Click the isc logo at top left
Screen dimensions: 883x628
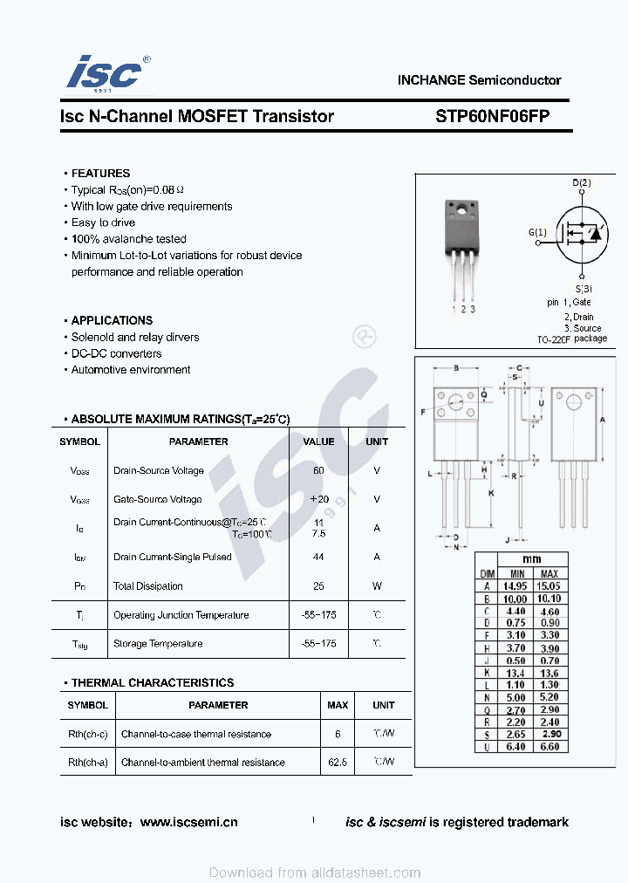point(105,74)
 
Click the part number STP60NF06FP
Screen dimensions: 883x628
point(492,116)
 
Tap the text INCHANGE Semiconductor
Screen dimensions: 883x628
point(479,80)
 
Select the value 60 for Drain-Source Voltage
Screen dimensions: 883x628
point(318,470)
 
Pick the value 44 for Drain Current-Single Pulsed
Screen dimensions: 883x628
point(318,557)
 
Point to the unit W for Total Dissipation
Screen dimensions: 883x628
point(377,586)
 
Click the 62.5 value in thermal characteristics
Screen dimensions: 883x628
point(338,763)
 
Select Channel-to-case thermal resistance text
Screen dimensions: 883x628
point(196,735)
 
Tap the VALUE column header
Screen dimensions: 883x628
point(318,441)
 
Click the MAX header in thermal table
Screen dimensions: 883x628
point(338,705)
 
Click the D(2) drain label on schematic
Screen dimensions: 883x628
point(582,183)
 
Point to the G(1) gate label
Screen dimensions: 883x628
point(537,232)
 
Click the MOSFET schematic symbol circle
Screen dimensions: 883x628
point(582,233)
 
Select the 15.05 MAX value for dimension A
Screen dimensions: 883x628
point(549,586)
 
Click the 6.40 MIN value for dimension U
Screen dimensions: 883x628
point(517,746)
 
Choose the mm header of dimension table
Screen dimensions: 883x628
point(532,559)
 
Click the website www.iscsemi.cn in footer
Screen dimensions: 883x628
point(188,822)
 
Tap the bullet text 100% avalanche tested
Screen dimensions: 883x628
point(128,239)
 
